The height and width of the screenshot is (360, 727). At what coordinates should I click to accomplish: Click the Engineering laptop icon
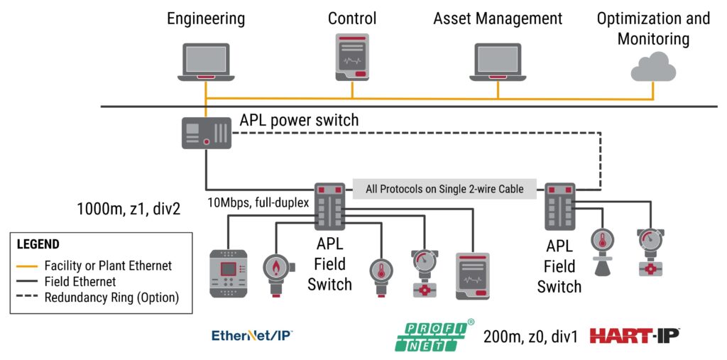tap(206, 61)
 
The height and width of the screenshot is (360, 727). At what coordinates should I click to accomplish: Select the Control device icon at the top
tap(352, 57)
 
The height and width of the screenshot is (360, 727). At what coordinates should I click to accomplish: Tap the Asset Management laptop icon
tap(497, 61)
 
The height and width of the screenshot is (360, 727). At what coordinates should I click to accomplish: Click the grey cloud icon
tap(653, 66)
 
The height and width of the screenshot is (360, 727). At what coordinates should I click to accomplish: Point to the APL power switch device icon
tap(206, 133)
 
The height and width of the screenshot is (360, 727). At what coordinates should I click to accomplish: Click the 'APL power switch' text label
tap(299, 120)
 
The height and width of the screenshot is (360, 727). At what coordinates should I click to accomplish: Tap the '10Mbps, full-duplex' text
tap(258, 202)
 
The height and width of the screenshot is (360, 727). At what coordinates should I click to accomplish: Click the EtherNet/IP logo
tap(253, 335)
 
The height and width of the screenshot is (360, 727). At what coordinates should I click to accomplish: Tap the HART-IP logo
tap(635, 336)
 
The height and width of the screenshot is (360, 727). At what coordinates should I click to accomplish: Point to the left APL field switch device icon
tap(330, 206)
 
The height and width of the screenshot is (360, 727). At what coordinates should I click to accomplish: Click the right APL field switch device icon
tap(560, 206)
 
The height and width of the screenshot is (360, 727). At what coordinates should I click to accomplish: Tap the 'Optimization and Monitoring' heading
tap(652, 28)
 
